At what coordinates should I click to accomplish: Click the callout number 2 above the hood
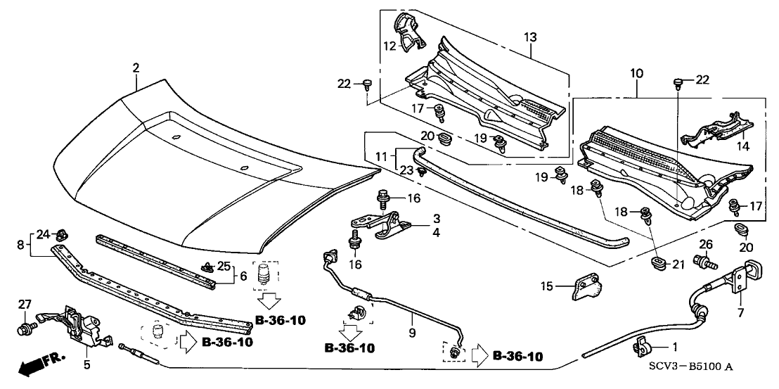pos(136,68)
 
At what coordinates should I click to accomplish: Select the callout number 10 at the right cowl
pos(636,72)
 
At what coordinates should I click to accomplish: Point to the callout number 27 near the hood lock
pos(25,304)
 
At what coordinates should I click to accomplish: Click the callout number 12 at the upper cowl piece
pos(387,46)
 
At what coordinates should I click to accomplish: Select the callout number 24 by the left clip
pos(41,234)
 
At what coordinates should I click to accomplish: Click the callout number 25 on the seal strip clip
pos(224,265)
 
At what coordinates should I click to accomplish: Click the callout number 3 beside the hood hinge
pos(437,219)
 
